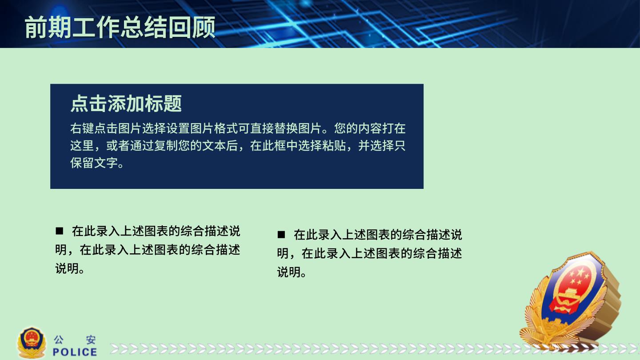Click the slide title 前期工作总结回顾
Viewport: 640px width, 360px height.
(120, 27)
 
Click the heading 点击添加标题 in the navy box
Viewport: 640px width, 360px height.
(126, 104)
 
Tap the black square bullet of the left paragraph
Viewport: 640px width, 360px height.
(60, 231)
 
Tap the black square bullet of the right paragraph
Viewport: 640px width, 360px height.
(281, 235)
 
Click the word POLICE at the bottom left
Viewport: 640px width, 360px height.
(75, 352)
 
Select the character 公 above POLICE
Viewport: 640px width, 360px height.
(59, 340)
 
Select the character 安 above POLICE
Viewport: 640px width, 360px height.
(91, 340)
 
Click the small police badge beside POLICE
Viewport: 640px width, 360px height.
(32, 343)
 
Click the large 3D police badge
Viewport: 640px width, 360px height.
(570, 300)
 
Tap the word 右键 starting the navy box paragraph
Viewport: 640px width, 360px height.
(82, 128)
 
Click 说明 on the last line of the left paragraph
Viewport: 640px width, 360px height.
(67, 268)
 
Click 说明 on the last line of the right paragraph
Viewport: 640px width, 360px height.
(289, 272)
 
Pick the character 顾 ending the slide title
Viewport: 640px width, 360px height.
(204, 27)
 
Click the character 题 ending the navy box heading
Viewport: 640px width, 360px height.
(172, 104)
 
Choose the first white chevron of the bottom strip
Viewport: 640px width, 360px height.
(115, 349)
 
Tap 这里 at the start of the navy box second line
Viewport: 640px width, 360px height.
(82, 146)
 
